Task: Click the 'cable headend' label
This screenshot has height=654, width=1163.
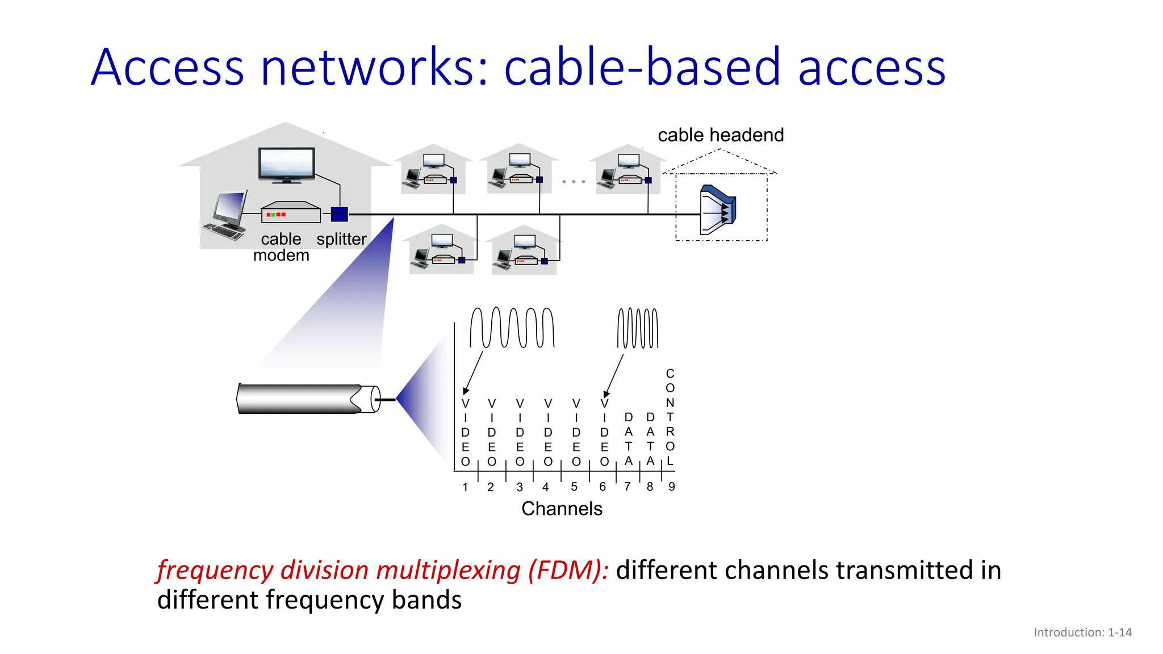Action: pos(720,135)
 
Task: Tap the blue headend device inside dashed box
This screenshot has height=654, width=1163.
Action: pos(718,209)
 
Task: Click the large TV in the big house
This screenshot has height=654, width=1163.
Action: pos(287,165)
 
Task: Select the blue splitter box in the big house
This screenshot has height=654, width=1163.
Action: pos(339,215)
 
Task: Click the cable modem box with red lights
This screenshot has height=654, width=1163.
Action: pos(290,213)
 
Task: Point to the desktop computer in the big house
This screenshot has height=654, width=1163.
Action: pos(227,216)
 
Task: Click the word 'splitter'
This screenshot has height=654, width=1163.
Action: pos(341,239)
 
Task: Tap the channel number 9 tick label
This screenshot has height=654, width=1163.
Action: pos(671,487)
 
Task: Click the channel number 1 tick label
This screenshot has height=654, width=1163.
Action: pos(465,487)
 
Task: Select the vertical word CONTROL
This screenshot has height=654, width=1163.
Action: pos(670,417)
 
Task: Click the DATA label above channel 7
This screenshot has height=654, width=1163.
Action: pos(628,439)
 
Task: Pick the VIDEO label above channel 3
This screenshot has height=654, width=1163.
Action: pos(520,432)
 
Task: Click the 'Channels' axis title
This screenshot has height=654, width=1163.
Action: pos(562,509)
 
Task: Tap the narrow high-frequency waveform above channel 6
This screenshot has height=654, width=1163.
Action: pos(637,328)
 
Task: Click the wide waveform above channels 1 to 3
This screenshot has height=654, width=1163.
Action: pos(512,328)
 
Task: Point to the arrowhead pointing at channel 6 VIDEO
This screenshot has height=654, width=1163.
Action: pos(606,394)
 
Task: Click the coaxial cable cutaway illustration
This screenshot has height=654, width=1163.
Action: pos(307,399)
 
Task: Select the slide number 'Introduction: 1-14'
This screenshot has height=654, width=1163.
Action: pos(1082,632)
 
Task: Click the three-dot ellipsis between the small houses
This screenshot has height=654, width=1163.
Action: pos(573,182)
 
